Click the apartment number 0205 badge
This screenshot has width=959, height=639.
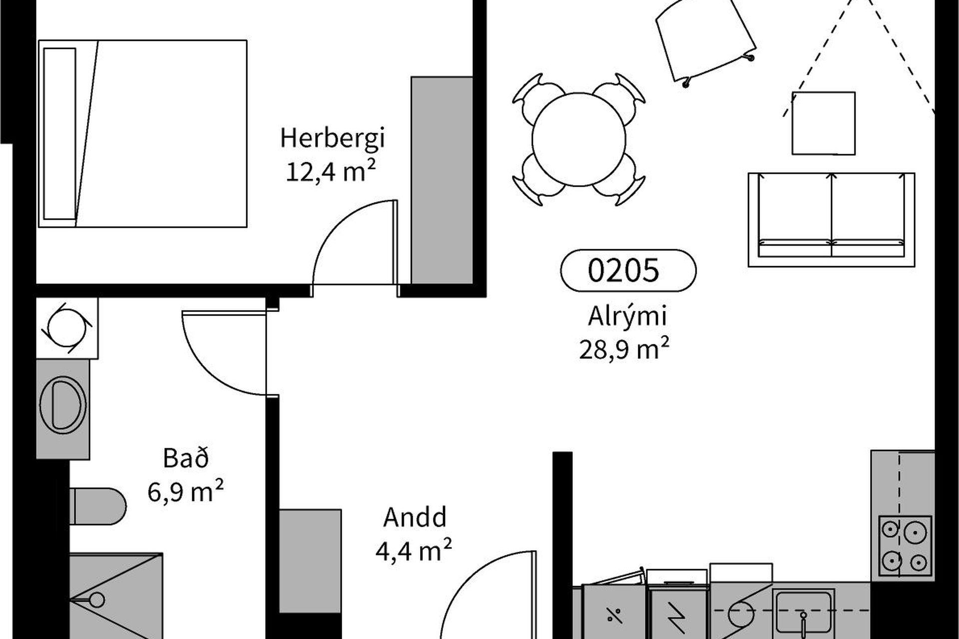628,270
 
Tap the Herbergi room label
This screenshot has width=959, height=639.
333,138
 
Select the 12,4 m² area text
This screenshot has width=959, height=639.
331,171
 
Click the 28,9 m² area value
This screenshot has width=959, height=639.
624,349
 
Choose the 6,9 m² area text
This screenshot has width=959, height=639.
185,491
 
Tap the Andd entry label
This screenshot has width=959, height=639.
415,517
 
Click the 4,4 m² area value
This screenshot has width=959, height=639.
414,550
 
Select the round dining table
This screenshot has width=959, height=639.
578,140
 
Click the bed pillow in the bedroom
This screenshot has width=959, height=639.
59,133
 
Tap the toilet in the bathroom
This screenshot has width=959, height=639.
97,506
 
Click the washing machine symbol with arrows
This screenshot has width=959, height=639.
67,328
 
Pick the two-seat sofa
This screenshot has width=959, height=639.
831,220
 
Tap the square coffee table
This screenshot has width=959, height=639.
824,123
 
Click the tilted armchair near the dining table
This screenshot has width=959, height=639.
704,41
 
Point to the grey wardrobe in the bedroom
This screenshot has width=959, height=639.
442,180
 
